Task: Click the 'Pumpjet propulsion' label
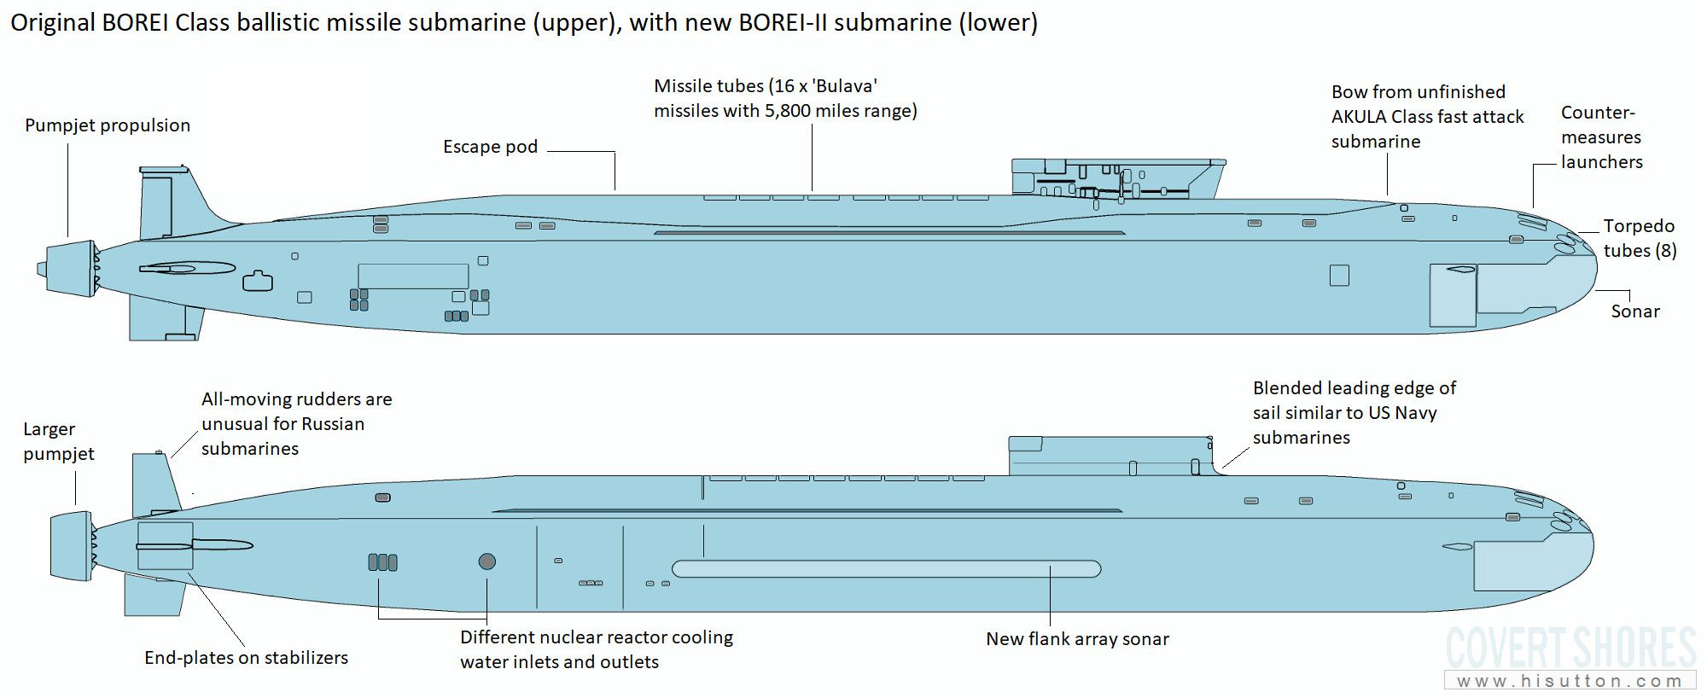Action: pyautogui.click(x=108, y=125)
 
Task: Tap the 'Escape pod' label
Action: pyautogui.click(x=490, y=147)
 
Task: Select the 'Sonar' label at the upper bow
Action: pyautogui.click(x=1635, y=311)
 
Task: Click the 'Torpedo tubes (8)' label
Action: pyautogui.click(x=1640, y=238)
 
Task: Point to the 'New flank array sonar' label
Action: pyautogui.click(x=1077, y=639)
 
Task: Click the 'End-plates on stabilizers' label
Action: pyautogui.click(x=246, y=658)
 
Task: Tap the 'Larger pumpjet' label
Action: pyautogui.click(x=59, y=441)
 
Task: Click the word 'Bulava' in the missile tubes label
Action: pyautogui.click(x=847, y=86)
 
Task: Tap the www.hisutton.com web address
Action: pyautogui.click(x=1570, y=681)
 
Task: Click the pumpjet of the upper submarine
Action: pyautogui.click(x=68, y=269)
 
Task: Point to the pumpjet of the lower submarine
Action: pyautogui.click(x=72, y=546)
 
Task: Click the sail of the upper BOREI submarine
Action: pyautogui.click(x=1118, y=179)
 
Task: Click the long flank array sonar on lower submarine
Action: pyautogui.click(x=886, y=569)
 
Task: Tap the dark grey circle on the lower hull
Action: pyautogui.click(x=487, y=561)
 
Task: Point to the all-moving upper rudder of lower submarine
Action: pyautogui.click(x=155, y=484)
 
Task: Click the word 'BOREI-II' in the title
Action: pyautogui.click(x=784, y=22)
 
